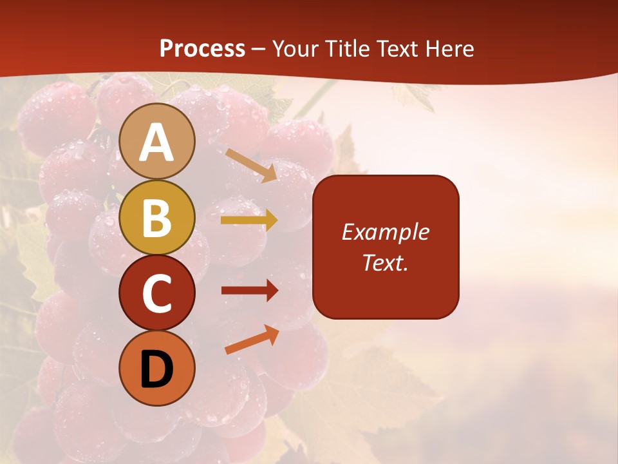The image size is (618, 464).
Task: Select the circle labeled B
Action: (x=156, y=217)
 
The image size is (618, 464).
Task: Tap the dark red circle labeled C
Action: (x=156, y=293)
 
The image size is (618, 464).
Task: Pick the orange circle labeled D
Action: (x=156, y=369)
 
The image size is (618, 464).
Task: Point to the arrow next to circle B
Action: (x=249, y=220)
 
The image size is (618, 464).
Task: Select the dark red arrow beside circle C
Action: (x=249, y=291)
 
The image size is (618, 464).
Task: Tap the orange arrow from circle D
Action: (x=252, y=340)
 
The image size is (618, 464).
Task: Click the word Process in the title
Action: (x=202, y=49)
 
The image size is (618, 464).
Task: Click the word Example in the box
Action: (x=385, y=232)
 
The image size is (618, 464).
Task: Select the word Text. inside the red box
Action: (x=385, y=262)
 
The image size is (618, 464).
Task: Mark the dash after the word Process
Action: (x=258, y=50)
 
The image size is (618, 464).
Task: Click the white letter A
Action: (x=156, y=142)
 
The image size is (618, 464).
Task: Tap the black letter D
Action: (x=156, y=370)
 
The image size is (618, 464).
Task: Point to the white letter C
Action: (x=156, y=294)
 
